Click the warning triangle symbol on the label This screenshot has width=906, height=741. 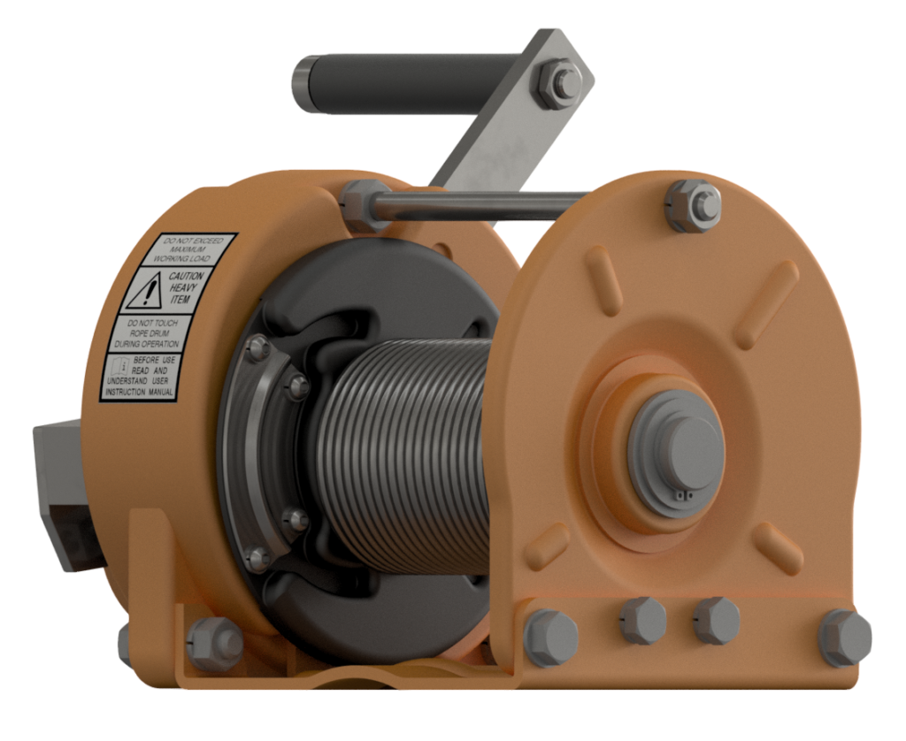(x=143, y=289)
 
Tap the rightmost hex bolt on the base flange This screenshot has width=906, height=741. (x=843, y=638)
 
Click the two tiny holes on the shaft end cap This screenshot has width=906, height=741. (x=682, y=496)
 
